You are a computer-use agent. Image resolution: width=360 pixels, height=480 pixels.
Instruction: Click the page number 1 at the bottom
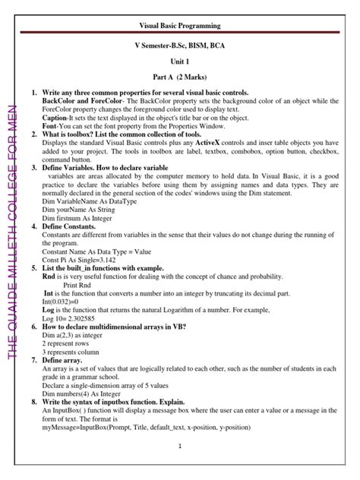point(179,447)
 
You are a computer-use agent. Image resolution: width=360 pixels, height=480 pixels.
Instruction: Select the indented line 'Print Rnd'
point(79,276)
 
